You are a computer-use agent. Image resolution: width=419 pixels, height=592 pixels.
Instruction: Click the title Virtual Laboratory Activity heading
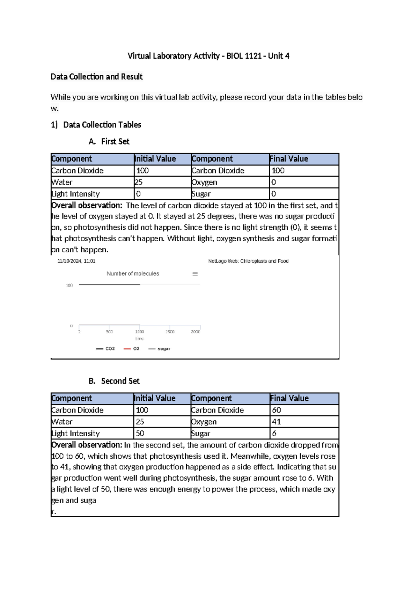[208, 56]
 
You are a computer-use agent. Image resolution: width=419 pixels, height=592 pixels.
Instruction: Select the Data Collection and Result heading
[96, 76]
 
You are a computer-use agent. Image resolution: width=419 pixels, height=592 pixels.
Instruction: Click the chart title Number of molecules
[133, 274]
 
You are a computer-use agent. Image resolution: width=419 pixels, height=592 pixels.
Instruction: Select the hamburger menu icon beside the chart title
[195, 274]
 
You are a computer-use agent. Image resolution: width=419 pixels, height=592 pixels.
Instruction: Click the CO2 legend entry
[106, 349]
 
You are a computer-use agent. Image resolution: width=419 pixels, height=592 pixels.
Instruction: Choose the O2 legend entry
[132, 349]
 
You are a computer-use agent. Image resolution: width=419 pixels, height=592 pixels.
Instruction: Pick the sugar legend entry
[160, 349]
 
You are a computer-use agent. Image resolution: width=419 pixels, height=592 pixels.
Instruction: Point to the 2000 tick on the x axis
[195, 332]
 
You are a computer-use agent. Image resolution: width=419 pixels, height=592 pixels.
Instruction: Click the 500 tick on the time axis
[109, 332]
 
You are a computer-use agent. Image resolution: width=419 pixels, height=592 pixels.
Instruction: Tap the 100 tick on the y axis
[69, 285]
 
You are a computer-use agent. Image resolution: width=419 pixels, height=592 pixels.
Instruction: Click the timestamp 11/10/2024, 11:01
[76, 261]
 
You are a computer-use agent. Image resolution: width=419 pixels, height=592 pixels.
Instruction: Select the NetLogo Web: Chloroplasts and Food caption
[248, 261]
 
